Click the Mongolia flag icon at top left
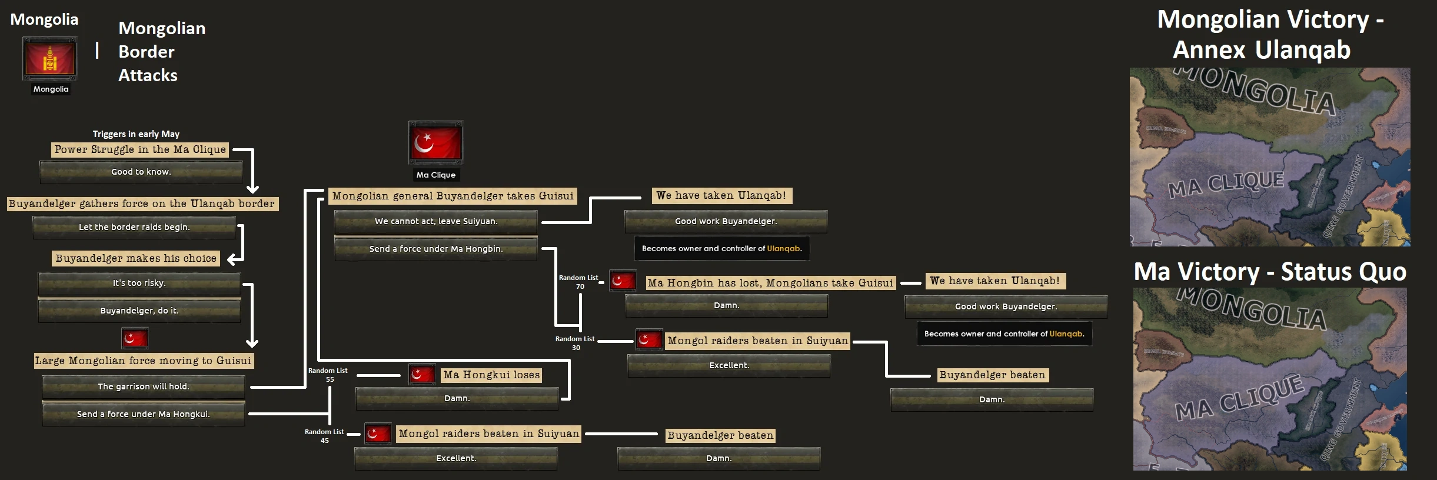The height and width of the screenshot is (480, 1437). (49, 59)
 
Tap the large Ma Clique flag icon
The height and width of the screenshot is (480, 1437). (435, 143)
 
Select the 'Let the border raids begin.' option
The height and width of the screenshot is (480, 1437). (134, 227)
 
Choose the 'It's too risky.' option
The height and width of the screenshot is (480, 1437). (139, 283)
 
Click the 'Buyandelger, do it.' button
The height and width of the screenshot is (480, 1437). (139, 311)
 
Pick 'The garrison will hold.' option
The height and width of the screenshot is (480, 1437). (143, 386)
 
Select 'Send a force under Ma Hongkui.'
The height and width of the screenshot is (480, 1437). (143, 414)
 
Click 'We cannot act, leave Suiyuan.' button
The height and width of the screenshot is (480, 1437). (436, 221)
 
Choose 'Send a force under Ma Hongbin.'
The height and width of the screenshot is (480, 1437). (436, 249)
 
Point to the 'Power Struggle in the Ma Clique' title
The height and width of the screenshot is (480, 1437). (140, 149)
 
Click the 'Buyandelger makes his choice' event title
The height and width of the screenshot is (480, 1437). (136, 258)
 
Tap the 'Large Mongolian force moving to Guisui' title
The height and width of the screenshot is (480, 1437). (143, 361)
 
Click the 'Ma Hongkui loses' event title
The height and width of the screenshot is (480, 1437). (491, 375)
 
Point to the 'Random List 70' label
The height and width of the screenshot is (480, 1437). (578, 282)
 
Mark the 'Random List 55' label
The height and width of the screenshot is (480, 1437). (328, 375)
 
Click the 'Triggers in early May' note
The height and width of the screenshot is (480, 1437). (136, 134)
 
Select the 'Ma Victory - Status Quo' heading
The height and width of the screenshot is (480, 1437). (1270, 272)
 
